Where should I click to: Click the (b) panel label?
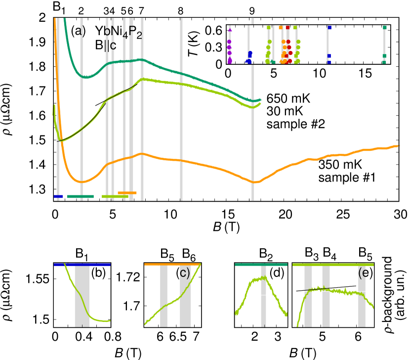click(x=98, y=273)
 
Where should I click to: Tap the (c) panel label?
click(x=183, y=273)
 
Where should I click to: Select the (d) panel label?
click(x=276, y=273)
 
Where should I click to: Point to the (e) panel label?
click(x=366, y=273)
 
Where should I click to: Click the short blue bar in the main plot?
click(x=58, y=196)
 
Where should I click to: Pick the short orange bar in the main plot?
click(x=127, y=192)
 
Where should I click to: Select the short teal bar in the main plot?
click(x=80, y=196)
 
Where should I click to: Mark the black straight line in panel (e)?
click(x=326, y=288)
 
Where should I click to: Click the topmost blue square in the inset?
click(x=329, y=28)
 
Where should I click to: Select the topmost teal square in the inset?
click(x=385, y=28)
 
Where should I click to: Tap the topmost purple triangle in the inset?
click(x=230, y=30)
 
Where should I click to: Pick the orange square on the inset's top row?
click(x=281, y=28)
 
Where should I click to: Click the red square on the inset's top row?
click(x=287, y=28)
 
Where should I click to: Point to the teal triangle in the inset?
click(x=273, y=62)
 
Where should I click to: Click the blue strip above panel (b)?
click(x=82, y=265)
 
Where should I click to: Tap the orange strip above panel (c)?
click(x=172, y=265)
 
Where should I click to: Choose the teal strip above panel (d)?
click(x=261, y=265)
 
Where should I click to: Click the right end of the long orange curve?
click(x=397, y=146)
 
